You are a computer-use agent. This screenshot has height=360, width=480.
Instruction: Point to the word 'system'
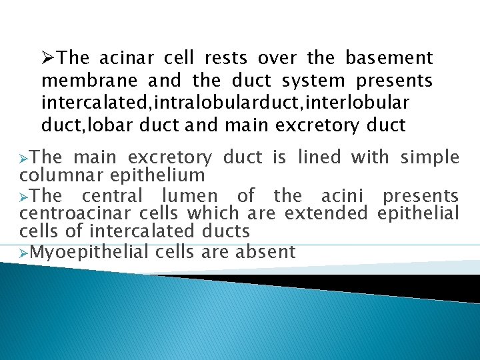pos(313,81)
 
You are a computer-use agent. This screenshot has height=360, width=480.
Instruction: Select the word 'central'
pos(112,196)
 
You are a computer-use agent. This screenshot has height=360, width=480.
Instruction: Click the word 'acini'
pos(341,196)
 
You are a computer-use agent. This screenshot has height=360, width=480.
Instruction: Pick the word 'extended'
pos(326,214)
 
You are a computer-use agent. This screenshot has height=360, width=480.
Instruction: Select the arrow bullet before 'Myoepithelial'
pos(25,253)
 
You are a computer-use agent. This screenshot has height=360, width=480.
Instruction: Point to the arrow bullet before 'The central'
pos(25,197)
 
